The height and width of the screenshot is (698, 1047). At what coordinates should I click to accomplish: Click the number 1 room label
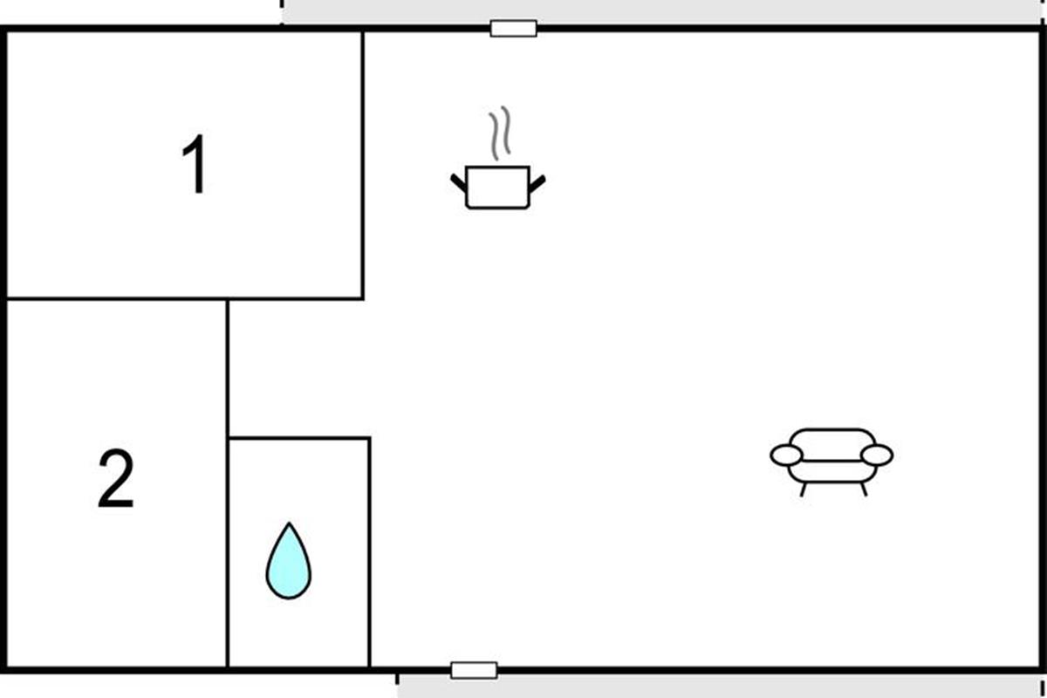[195, 167]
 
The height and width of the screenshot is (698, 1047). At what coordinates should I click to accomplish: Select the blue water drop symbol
[288, 564]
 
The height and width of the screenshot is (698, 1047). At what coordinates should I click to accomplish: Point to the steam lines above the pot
[499, 133]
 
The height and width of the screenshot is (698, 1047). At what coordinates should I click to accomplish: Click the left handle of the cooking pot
[459, 182]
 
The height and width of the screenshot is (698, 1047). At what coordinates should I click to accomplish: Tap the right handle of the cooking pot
[537, 182]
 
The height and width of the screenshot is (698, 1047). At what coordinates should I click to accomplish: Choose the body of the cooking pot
[497, 188]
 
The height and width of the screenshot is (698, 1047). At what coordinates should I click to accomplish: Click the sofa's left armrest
[786, 455]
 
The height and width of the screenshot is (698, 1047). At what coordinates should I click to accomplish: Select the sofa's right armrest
[877, 455]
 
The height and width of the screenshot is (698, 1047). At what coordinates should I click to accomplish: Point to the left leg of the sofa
[803, 489]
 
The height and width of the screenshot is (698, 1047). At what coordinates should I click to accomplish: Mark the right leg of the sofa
[864, 489]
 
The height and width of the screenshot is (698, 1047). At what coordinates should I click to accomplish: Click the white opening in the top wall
[513, 29]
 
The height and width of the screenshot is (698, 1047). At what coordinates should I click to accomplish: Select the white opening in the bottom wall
[474, 670]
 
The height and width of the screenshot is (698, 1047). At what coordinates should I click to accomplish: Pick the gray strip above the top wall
[663, 11]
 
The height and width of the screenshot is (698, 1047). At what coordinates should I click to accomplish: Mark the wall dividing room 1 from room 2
[113, 299]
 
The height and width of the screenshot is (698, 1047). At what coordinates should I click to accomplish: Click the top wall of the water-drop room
[298, 438]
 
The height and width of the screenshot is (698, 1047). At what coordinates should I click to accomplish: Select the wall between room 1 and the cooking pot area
[363, 166]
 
